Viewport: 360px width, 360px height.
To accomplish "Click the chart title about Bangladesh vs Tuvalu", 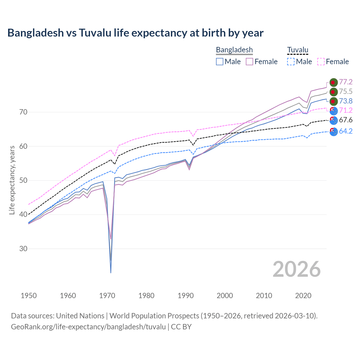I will pos(135,33).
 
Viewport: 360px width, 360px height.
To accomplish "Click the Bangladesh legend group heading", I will pos(234,50).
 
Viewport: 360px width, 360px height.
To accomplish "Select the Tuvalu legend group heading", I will pos(298,50).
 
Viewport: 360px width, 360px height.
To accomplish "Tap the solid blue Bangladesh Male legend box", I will pos(220,62).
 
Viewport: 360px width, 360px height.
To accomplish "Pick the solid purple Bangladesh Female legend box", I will pos(250,62).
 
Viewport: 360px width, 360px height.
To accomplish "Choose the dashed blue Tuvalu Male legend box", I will pos(291,62).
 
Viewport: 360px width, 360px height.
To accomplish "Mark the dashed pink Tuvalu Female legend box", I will pos(321,62).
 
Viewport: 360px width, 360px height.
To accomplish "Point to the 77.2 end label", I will pos(346,82).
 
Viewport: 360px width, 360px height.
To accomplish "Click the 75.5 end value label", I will pos(346,91).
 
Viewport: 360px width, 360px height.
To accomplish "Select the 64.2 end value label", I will pos(346,131).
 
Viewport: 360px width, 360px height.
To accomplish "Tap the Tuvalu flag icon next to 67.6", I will pos(334,120).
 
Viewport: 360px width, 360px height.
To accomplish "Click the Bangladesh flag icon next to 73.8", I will pos(334,101).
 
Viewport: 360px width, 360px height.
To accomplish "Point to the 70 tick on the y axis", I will pos(23,112).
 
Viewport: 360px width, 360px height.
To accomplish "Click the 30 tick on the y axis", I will pos(23,249).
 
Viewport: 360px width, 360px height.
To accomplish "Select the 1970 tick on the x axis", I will pos(107,296).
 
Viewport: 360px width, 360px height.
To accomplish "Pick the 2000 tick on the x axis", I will pos(225,296).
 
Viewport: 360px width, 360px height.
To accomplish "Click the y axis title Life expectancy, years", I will pos(12,180).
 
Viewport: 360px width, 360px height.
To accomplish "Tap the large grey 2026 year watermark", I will pos(296,269).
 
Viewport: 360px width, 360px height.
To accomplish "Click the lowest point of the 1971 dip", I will pos(111,273).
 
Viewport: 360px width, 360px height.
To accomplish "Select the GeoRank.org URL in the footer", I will pos(88,327).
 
